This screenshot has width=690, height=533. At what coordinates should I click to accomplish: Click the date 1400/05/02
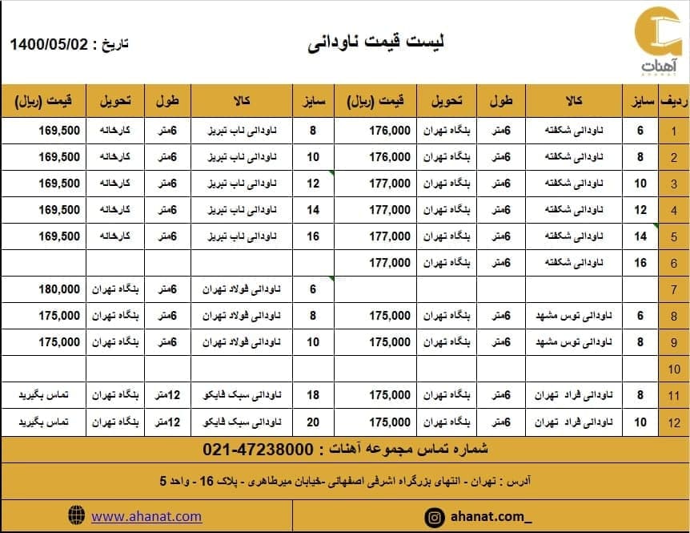pos(49,44)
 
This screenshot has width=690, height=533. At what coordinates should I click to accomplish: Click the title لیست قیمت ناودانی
pos(376,42)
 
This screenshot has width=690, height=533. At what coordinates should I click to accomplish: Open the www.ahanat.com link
pos(146,516)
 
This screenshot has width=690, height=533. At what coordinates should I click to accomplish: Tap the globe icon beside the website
pos(77,515)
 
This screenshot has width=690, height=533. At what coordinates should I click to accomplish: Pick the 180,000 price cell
pos(59,289)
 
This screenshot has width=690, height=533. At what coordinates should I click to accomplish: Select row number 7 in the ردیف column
pos(674,289)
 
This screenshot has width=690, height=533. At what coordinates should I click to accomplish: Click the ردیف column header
pos(674,102)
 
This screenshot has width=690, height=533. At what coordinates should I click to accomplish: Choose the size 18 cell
pos(313,395)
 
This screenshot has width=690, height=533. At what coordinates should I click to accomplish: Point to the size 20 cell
pos(313,422)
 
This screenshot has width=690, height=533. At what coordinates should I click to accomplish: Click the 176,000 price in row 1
pos(390,131)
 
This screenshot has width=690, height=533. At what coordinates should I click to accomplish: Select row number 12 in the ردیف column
pos(674,422)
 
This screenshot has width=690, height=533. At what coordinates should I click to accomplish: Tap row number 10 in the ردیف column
pos(674,369)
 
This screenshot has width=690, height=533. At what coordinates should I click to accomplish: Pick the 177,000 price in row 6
pos(390,263)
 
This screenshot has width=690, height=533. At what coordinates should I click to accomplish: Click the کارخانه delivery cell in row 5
pos(116,236)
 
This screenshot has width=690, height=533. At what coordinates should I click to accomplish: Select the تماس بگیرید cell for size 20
pos(47,422)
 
